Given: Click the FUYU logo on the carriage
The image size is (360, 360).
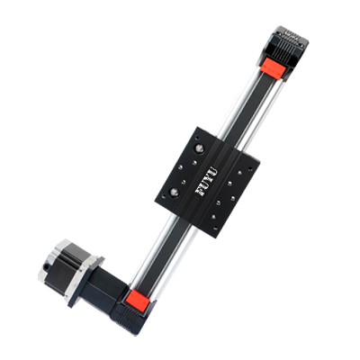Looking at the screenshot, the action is click(206, 181).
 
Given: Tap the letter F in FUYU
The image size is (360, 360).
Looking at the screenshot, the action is click(199, 192).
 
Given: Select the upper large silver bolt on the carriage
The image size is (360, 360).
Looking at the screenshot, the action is click(199, 148).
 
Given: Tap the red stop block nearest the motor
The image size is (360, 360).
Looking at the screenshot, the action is click(138, 300).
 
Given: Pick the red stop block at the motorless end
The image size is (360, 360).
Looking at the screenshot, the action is click(274, 67).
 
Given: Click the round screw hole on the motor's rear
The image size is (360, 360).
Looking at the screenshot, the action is click(46, 266).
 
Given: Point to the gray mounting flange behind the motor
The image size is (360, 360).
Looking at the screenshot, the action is click(85, 282).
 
